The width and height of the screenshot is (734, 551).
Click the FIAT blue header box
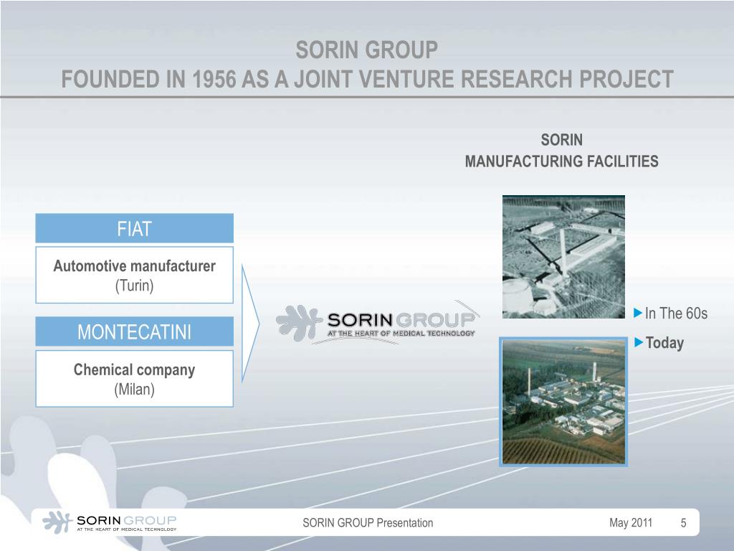tap(135, 229)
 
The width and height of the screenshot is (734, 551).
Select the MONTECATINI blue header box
tap(135, 332)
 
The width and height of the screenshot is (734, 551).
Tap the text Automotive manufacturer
tap(135, 266)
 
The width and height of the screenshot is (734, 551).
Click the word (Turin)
tap(135, 286)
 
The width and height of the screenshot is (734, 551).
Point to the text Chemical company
tap(135, 370)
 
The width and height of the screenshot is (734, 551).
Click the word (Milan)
tap(135, 390)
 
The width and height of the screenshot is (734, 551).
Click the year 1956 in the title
tap(215, 78)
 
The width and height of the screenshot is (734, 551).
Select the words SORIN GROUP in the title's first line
tap(366, 50)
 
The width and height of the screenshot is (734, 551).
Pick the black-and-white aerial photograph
tap(563, 256)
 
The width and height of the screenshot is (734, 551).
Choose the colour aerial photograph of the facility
tap(563, 402)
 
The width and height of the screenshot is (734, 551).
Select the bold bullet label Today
tap(664, 343)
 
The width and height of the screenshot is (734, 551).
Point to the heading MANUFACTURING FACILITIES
tap(561, 161)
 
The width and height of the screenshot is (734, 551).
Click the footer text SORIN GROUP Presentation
tap(368, 522)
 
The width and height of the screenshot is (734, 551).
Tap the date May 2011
tap(631, 522)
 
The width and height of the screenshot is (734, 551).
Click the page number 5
tap(683, 523)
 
